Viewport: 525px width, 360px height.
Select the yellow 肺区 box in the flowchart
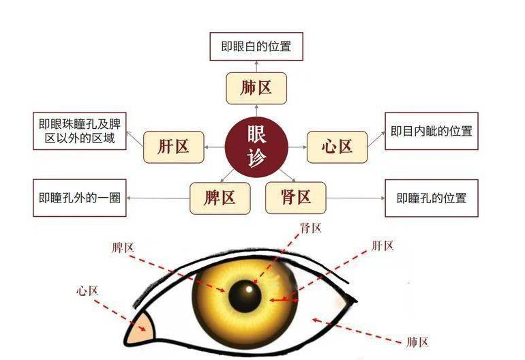pos(256,89)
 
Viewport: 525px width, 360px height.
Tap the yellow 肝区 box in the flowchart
pos(174,147)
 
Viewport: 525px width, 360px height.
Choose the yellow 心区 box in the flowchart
pos(337,147)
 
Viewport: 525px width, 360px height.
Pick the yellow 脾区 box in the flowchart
pos(220,198)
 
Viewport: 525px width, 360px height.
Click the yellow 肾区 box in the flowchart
pos(295,198)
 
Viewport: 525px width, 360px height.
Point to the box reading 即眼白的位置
pos(256,47)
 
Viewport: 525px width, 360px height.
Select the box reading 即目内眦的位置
pos(432,131)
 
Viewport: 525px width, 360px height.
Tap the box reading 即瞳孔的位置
pos(432,198)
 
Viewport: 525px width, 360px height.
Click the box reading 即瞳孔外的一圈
pos(80,198)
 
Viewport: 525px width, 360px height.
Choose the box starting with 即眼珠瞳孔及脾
pos(80,131)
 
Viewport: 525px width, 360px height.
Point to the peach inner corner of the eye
pos(142,329)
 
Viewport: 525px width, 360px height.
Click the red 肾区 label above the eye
pos(311,228)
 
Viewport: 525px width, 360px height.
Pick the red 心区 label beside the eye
pos(87,290)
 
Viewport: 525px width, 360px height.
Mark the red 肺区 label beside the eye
pos(417,342)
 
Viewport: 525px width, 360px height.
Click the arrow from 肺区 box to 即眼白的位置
pos(256,66)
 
